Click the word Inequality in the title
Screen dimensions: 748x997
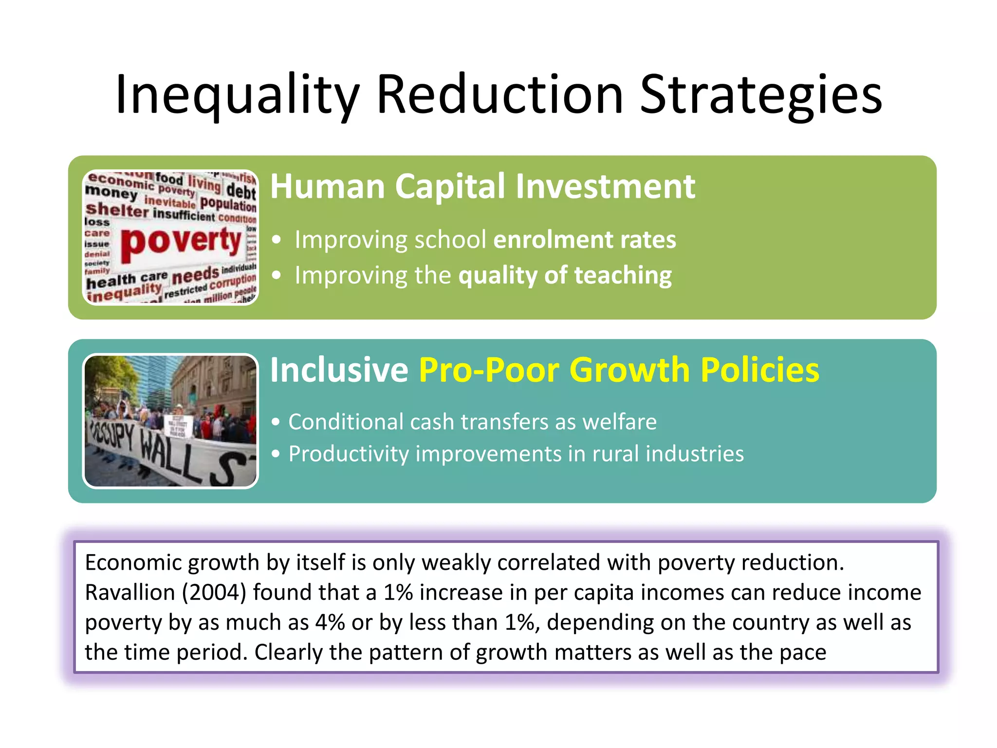[237, 95]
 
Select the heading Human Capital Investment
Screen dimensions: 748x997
[482, 187]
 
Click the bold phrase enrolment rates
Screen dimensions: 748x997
[585, 240]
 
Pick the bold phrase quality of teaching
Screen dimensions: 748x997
[565, 276]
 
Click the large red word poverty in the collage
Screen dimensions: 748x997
[181, 242]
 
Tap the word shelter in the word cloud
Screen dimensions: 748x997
[117, 210]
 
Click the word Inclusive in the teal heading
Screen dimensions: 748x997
[339, 370]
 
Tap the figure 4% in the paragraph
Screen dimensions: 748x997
[330, 623]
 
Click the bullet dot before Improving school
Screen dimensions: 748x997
[277, 240]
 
